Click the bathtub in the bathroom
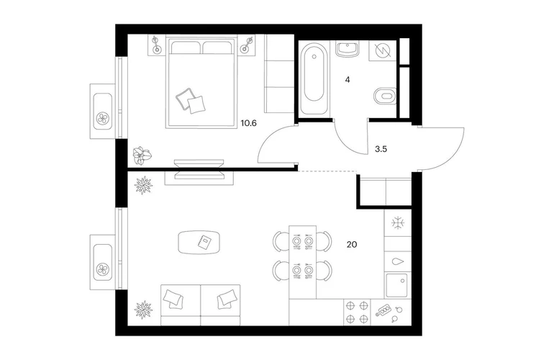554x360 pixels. pos(314,78)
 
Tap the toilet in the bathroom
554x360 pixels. pos(385,96)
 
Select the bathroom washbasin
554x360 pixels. pos(348,49)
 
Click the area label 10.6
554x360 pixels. pos(248,123)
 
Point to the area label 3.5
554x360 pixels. pos(381,149)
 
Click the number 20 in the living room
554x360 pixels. pos(352,244)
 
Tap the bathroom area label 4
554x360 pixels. pos(348,80)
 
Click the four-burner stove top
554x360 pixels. pos(357,312)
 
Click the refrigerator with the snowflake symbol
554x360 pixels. pos(398,223)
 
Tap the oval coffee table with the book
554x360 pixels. pos(199,242)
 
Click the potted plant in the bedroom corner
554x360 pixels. pos(142,156)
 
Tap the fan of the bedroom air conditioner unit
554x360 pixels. pos(103,118)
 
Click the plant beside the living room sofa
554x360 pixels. pos(144,310)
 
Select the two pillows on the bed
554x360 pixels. pos(191,101)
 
